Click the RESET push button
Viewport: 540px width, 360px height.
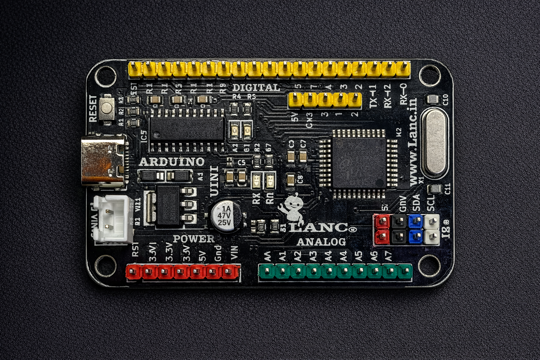[107, 108]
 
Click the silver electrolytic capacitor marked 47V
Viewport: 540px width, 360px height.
[226, 216]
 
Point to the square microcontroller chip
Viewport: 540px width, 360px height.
[359, 163]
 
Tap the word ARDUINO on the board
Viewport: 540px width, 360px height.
[172, 162]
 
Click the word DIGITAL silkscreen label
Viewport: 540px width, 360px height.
[256, 88]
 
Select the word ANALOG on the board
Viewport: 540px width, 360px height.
[321, 242]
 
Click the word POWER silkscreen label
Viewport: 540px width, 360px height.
[193, 239]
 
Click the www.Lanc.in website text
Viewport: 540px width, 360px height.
[414, 141]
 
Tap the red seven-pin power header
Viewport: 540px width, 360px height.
[183, 271]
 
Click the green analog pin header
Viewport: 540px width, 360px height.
[335, 271]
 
